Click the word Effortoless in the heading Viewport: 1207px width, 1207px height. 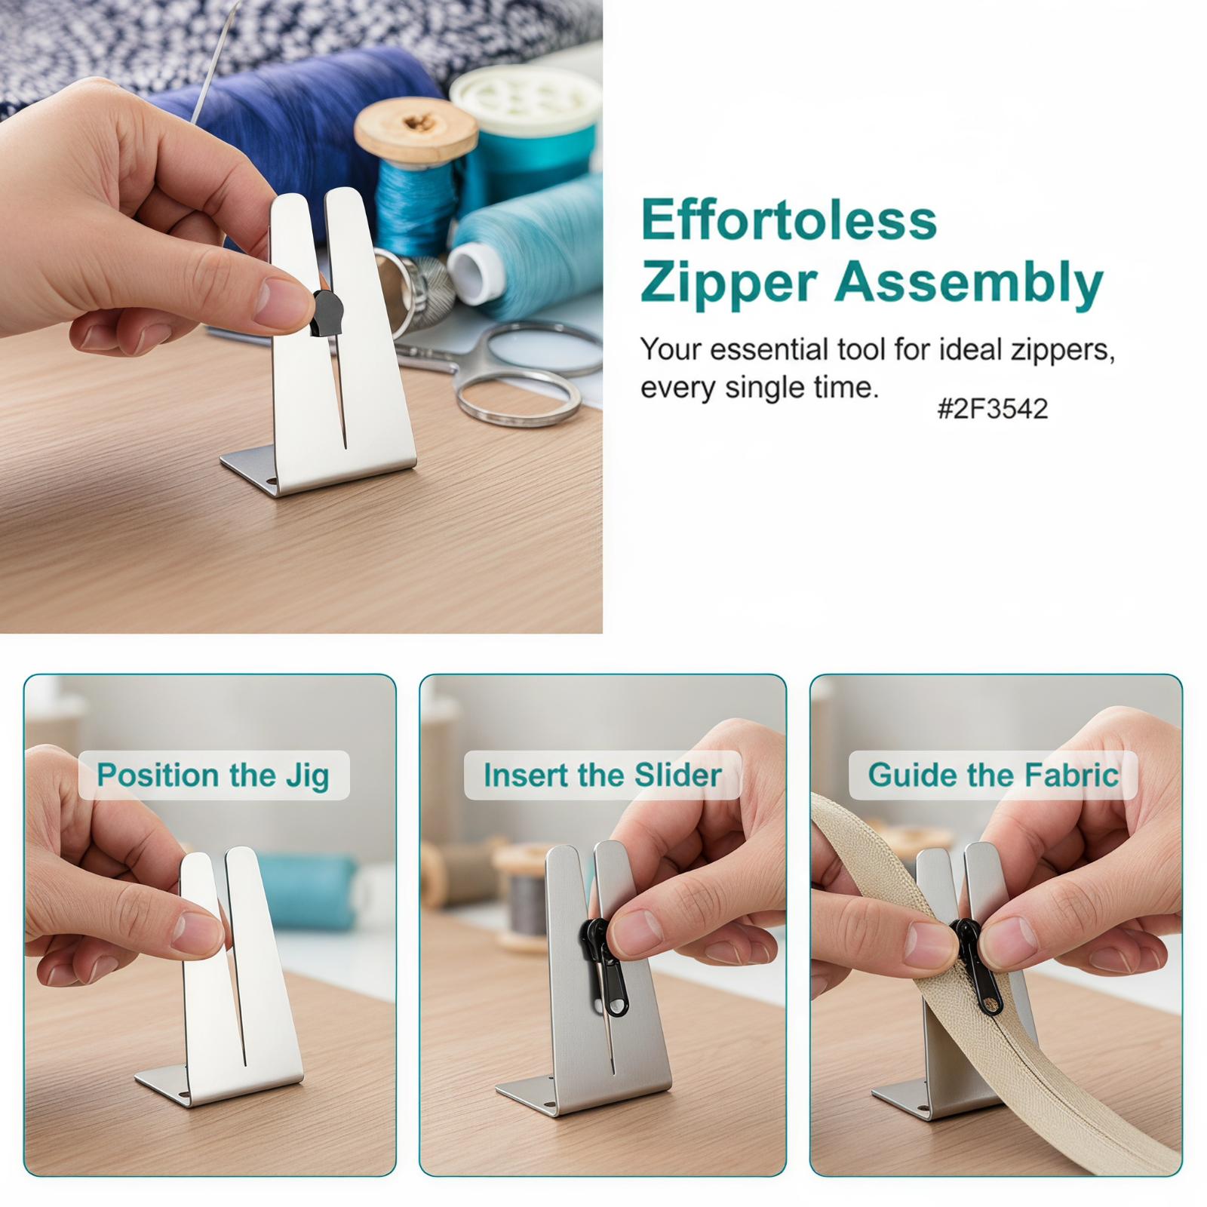click(788, 220)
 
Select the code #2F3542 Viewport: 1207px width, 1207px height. click(992, 409)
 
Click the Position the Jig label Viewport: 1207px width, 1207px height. click(213, 775)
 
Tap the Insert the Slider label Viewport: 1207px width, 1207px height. click(603, 775)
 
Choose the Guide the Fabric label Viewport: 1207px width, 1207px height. click(993, 775)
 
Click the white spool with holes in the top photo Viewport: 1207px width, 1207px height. click(526, 100)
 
